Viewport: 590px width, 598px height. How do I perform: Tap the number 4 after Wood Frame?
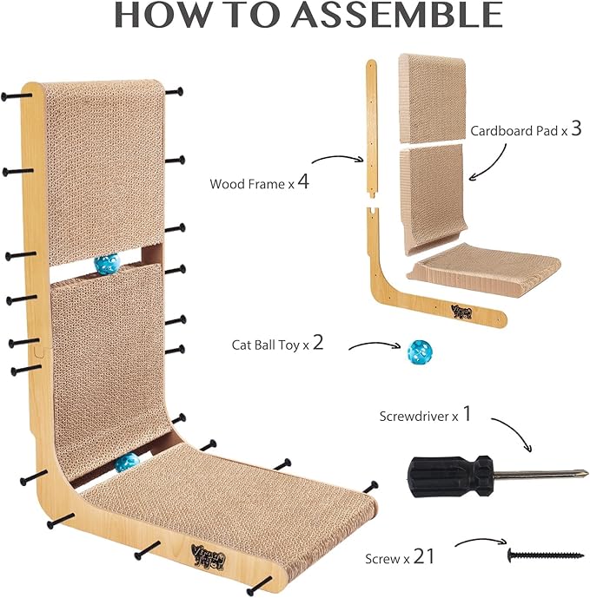[303, 181]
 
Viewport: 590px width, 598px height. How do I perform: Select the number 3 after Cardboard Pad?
[576, 128]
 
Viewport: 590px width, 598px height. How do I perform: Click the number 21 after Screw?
[423, 556]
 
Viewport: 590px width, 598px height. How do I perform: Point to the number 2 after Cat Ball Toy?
[318, 343]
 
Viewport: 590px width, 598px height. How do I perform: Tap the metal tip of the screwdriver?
[582, 473]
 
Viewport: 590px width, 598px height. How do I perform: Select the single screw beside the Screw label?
[546, 555]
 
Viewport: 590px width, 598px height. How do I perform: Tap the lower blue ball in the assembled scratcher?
[127, 463]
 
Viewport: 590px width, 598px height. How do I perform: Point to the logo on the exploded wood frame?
[461, 312]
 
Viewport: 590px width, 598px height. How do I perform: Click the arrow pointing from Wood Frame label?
[338, 158]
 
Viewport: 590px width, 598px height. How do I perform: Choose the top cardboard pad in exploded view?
[432, 98]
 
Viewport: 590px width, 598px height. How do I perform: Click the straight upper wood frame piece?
[372, 129]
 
